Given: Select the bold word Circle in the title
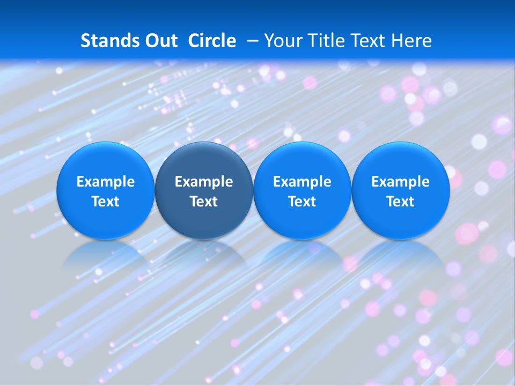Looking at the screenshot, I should [x=212, y=41].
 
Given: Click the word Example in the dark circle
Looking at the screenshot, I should [x=204, y=182].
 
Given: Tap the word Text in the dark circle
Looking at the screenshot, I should [x=204, y=202].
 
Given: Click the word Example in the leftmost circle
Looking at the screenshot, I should [x=106, y=182].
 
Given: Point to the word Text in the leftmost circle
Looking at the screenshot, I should [x=106, y=202].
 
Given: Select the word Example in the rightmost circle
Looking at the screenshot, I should [x=401, y=182].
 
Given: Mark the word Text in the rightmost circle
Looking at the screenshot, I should [x=401, y=202].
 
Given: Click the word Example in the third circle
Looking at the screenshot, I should [x=302, y=182].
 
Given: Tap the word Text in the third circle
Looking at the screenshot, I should [x=302, y=202].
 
